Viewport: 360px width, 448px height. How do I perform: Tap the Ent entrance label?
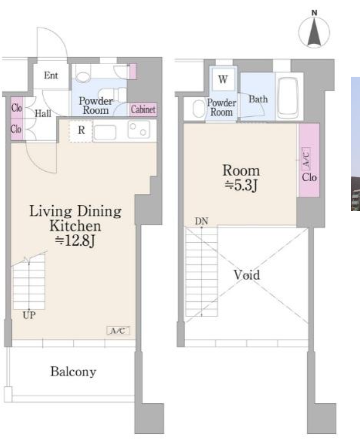51,75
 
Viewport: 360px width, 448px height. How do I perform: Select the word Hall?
43,113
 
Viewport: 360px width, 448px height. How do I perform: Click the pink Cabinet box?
143,109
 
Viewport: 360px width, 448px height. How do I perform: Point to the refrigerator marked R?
81,131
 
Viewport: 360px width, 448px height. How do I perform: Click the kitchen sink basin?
105,132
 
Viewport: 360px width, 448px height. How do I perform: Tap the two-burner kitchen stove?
139,130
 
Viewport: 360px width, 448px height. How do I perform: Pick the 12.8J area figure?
75,240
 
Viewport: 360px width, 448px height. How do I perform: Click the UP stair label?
29,315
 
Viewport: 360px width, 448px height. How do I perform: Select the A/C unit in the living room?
118,331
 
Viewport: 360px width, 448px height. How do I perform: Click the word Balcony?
73,372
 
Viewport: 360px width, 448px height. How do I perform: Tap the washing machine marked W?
223,79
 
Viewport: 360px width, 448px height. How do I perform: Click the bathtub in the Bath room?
288,98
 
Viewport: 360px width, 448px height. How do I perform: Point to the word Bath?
258,99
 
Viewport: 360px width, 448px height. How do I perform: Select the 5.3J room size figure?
241,185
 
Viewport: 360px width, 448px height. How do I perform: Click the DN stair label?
201,221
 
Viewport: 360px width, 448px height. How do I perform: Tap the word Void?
247,275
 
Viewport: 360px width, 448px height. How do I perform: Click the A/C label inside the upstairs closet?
306,157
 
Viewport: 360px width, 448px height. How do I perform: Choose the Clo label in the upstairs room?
309,177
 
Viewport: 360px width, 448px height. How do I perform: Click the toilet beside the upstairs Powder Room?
198,109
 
